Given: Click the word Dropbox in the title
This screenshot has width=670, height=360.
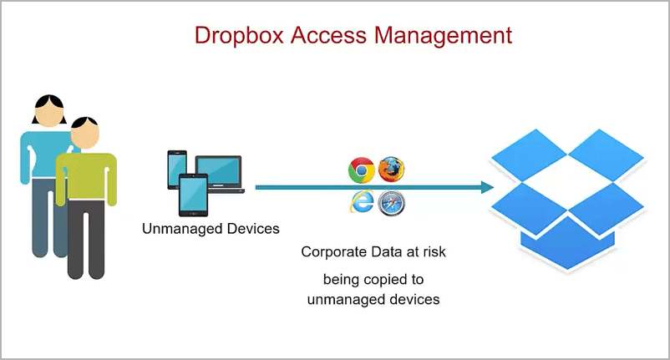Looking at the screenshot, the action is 239,36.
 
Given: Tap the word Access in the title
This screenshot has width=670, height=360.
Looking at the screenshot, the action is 328,35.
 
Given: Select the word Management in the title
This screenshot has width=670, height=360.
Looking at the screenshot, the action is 443,36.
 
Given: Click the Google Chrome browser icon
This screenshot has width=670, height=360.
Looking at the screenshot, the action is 362,170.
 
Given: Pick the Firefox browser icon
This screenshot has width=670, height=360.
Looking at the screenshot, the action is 392,169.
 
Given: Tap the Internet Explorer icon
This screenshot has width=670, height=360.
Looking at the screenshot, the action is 362,202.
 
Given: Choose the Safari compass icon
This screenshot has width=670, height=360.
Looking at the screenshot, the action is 392,203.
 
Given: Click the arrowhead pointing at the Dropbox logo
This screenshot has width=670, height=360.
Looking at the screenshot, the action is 488,187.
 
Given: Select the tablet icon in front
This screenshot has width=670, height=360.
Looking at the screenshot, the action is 193,195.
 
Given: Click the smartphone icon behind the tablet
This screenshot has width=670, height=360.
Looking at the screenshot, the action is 177,170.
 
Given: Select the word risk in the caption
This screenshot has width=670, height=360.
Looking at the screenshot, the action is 434,251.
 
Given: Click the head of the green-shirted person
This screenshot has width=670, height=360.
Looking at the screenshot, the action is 85,133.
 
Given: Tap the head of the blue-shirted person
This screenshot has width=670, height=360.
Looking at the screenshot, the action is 49,110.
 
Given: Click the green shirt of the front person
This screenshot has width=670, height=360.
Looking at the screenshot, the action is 86,177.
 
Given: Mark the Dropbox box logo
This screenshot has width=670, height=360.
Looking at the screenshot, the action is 567,199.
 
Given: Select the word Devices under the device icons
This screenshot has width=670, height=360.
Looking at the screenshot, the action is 253,229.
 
